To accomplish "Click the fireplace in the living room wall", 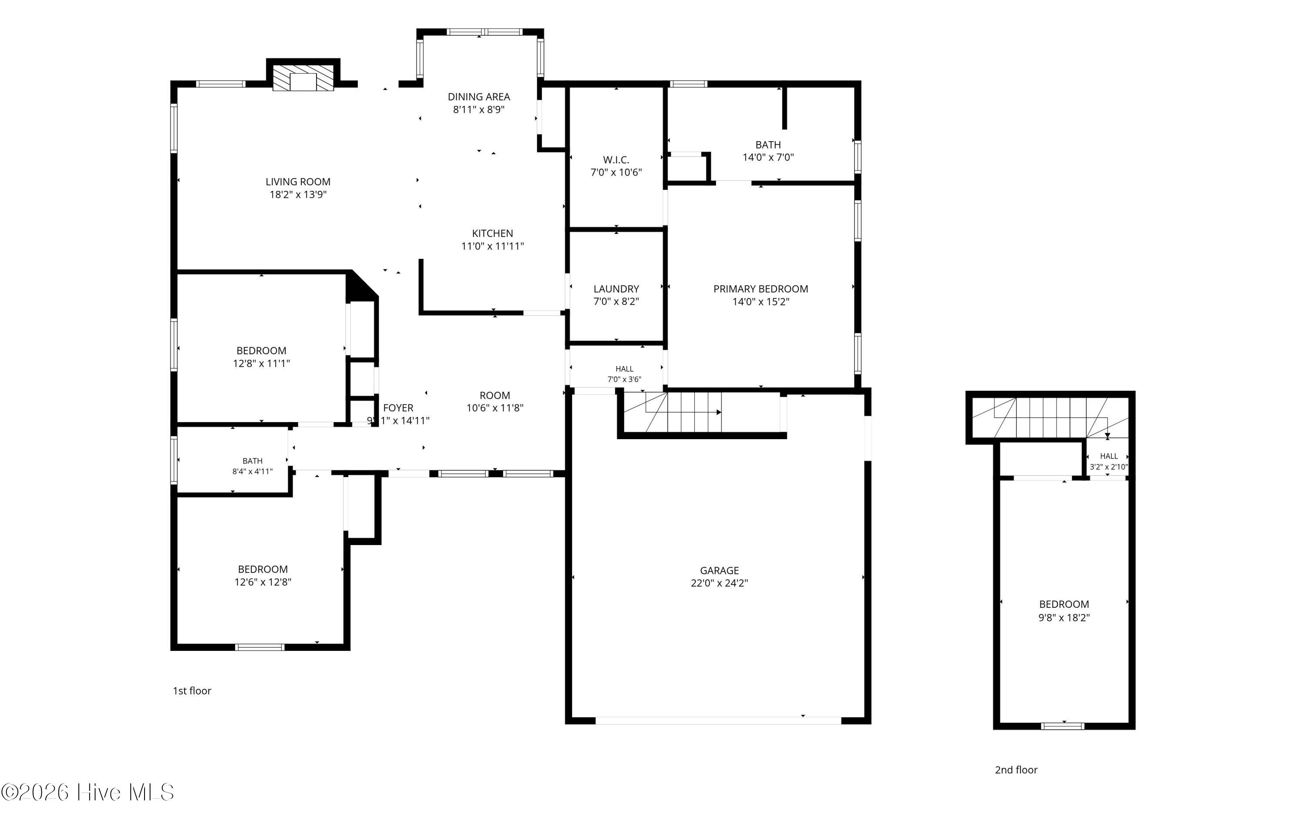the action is pos(303,78).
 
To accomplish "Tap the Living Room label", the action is pos(298,182).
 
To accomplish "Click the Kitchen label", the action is pos(492,234).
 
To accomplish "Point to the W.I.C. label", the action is pos(616,159).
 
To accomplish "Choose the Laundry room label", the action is pos(616,289).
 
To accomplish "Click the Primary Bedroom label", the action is pos(761,289).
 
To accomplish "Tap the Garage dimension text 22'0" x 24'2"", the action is pos(719,583).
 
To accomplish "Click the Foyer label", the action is pos(398,408).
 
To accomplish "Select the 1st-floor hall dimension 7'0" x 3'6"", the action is pos(624,379).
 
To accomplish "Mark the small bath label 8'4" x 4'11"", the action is pos(252,471).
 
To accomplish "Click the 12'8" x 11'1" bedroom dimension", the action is pos(261,363).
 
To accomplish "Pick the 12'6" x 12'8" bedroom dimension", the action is pos(263,582).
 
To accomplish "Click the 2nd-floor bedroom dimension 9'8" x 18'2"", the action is pos(1064,617).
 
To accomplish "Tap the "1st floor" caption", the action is pos(192,691).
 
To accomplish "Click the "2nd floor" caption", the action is pos(1016,770).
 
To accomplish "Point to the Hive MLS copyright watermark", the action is pos(88,792).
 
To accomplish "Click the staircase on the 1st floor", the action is pos(702,413).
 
